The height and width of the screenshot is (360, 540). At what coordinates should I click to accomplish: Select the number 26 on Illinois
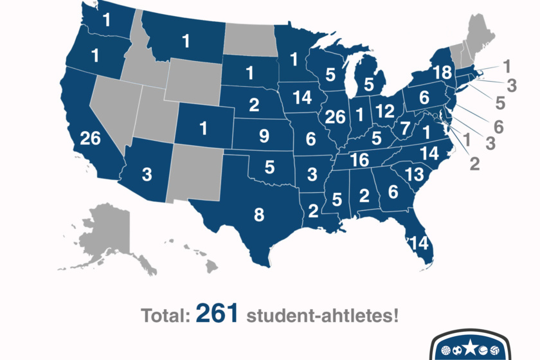pos(335,118)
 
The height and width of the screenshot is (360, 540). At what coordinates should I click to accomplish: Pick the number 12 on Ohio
pos(385,111)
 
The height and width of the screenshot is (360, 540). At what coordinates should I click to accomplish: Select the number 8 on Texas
pos(259,215)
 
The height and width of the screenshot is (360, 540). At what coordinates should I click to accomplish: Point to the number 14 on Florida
pos(417,244)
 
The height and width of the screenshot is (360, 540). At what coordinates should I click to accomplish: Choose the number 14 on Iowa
pos(301,98)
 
